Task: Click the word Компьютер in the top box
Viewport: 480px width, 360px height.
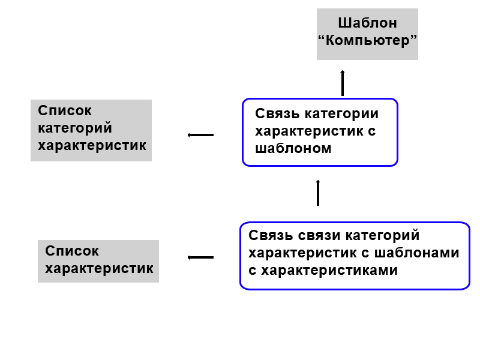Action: click(x=367, y=41)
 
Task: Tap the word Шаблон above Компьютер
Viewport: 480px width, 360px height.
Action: click(x=367, y=24)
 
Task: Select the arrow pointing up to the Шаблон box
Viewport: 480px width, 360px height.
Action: click(x=343, y=83)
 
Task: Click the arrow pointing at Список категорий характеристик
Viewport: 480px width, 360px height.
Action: click(x=200, y=135)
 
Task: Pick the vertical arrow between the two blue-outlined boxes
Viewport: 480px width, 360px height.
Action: click(x=318, y=193)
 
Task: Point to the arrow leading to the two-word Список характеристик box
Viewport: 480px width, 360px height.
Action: click(x=200, y=257)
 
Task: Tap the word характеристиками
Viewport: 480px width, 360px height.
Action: click(x=329, y=270)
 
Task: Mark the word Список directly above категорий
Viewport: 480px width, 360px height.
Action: click(x=65, y=111)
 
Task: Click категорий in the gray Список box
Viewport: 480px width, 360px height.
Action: click(x=75, y=128)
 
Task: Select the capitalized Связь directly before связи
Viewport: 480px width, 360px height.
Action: click(x=270, y=235)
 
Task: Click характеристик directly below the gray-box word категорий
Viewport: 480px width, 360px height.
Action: click(x=92, y=146)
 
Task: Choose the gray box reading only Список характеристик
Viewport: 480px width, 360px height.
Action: click(x=98, y=261)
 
